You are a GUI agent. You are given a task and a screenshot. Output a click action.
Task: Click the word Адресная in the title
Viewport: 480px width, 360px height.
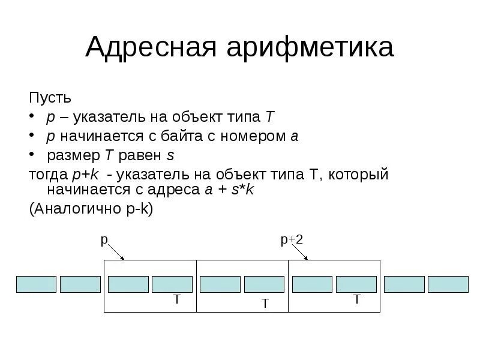151,47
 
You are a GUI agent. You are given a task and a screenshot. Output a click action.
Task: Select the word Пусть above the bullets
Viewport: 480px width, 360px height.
50,97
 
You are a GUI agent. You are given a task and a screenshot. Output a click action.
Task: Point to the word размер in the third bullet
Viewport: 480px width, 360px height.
74,155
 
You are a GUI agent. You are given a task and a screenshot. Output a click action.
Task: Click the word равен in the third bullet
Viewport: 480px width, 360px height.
140,155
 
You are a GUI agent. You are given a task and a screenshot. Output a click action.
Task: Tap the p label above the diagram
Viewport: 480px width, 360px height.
103,240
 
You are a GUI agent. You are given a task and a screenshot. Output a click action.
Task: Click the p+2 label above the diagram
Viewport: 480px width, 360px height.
292,240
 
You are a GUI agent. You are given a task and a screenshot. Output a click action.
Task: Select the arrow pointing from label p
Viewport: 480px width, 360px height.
116,252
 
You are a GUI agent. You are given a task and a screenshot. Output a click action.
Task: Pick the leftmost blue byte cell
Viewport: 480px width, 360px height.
36,284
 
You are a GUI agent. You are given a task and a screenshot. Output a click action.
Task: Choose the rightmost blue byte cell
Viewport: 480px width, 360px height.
448,284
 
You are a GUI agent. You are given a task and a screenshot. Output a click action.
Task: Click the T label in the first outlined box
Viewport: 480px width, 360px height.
176,299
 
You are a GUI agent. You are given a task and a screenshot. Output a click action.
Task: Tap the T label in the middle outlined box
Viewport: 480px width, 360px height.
264,304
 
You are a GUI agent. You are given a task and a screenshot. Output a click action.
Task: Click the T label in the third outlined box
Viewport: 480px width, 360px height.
356,299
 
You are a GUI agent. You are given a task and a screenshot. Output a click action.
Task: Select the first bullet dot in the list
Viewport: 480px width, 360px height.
33,117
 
